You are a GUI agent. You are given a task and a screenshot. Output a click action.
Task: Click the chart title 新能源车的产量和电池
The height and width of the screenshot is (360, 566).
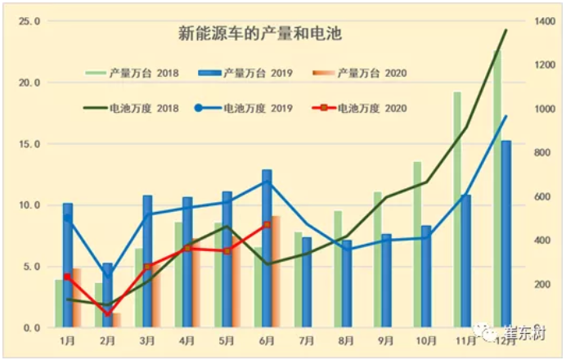260,34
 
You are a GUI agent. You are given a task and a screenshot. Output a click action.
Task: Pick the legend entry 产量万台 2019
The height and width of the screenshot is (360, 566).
246,74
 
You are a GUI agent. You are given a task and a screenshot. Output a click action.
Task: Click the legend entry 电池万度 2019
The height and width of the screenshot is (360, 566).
246,108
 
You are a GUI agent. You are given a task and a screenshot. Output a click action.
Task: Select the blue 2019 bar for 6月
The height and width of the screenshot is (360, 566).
267,250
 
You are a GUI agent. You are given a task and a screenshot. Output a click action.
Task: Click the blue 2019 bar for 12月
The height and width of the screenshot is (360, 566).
506,233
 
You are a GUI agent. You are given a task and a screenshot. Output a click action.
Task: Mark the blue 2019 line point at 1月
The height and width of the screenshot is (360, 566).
67,218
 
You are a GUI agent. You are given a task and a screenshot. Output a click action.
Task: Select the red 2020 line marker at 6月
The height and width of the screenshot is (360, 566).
267,224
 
